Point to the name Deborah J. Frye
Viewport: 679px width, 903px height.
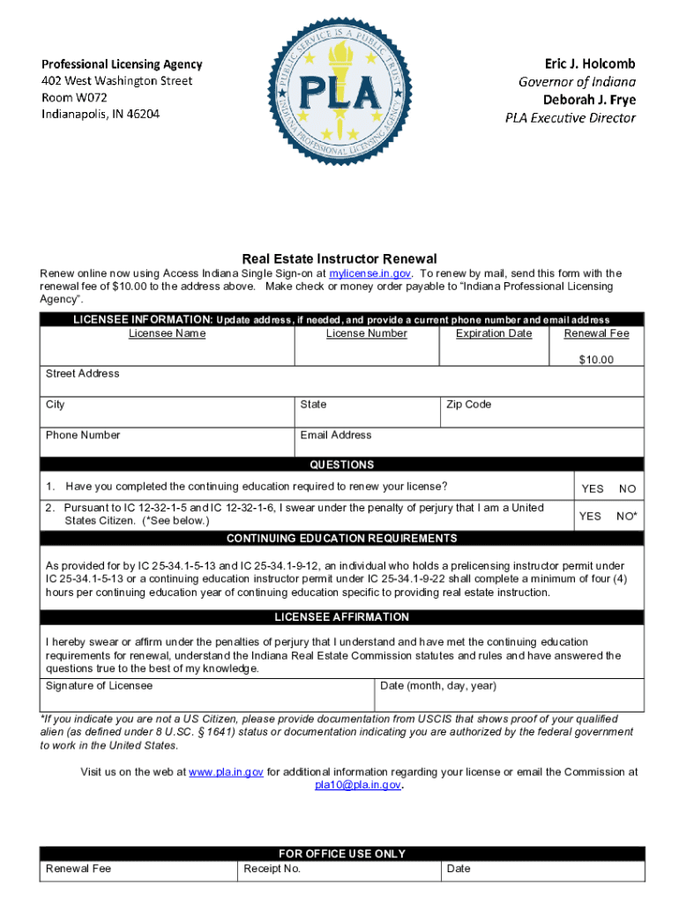pyautogui.click(x=588, y=99)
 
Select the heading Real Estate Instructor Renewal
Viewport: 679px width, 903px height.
pyautogui.click(x=339, y=258)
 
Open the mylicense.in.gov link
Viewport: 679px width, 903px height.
pyautogui.click(x=369, y=273)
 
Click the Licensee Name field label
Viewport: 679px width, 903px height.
pyautogui.click(x=167, y=333)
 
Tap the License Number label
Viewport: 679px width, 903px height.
pyautogui.click(x=366, y=333)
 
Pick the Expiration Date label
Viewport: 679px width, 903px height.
pyautogui.click(x=494, y=333)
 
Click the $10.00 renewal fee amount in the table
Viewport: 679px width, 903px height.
pyautogui.click(x=596, y=360)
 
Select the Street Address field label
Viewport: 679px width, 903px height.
pyautogui.click(x=82, y=374)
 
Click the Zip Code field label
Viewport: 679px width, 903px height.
pyautogui.click(x=468, y=405)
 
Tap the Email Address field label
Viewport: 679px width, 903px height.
pyautogui.click(x=336, y=436)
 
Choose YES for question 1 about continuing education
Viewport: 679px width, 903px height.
pyautogui.click(x=593, y=489)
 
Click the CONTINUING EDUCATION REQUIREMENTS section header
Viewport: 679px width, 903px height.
pyautogui.click(x=341, y=539)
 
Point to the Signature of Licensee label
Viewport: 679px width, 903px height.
pyautogui.click(x=86, y=686)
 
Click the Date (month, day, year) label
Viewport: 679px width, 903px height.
pyautogui.click(x=438, y=686)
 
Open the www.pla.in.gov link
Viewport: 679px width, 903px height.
pyautogui.click(x=220, y=772)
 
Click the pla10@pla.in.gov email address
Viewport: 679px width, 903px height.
pyautogui.click(x=358, y=785)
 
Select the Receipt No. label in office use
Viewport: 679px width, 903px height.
pyautogui.click(x=272, y=869)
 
